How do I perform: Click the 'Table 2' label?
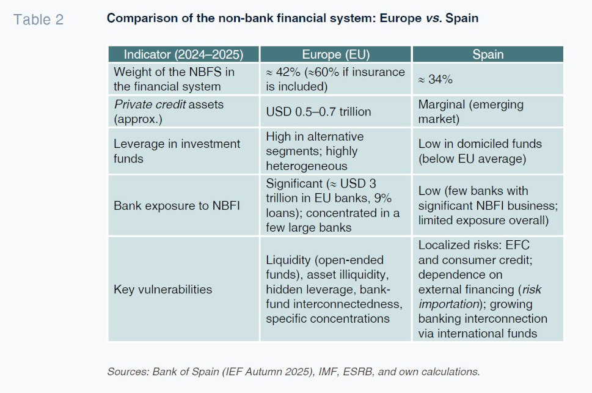click(x=38, y=20)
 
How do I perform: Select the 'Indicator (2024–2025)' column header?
click(x=184, y=54)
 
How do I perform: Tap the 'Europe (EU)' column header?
click(x=335, y=54)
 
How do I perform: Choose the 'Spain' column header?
click(x=488, y=54)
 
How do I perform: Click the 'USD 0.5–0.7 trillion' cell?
click(x=318, y=112)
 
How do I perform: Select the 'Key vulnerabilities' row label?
click(x=163, y=289)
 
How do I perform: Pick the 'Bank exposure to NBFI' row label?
click(x=177, y=205)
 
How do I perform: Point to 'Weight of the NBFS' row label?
click(x=174, y=72)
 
